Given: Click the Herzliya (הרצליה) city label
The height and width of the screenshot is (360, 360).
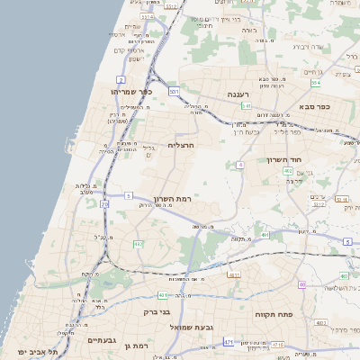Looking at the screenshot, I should [x=181, y=144].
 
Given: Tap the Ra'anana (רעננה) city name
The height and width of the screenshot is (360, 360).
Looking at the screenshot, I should [x=238, y=94].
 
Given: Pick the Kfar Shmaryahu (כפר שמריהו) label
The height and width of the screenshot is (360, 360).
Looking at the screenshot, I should [x=131, y=92].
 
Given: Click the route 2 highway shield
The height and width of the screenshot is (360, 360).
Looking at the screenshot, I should [x=121, y=80].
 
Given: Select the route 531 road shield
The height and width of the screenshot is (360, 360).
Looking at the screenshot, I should [x=174, y=91].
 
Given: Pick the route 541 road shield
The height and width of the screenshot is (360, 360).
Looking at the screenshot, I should [x=245, y=106].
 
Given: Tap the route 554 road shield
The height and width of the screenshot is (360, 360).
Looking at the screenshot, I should [x=316, y=83].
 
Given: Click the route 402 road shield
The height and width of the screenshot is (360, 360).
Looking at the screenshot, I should [x=287, y=170].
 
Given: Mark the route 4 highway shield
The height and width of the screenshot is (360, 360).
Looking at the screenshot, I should [x=241, y=166].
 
